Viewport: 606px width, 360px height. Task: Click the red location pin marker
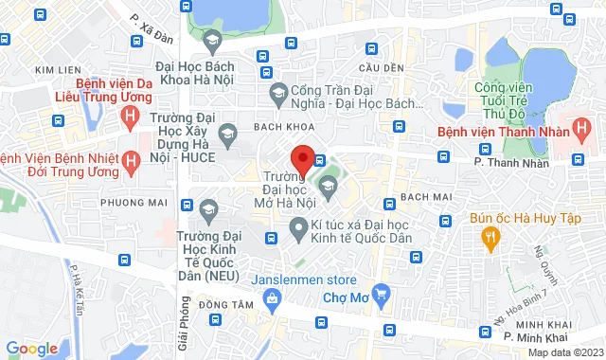(302, 158)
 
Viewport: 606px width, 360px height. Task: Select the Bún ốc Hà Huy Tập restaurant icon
(490, 241)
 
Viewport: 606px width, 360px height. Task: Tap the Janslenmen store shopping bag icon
(271, 299)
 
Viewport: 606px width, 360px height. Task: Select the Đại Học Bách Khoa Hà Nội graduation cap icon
(211, 41)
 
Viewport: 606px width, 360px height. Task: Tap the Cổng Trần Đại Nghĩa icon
(278, 92)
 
